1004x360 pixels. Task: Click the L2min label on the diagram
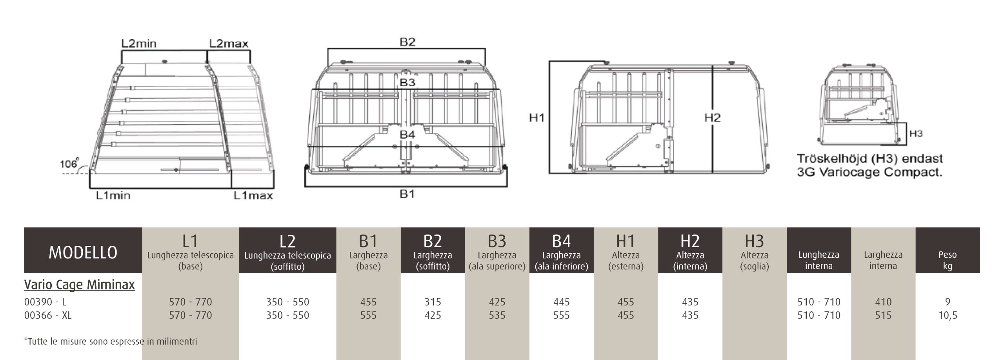coord(139,43)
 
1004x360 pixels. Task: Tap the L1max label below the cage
coord(253,195)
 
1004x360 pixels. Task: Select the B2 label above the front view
coord(407,42)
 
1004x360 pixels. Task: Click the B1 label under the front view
coord(407,194)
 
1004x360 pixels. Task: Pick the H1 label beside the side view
coord(537,117)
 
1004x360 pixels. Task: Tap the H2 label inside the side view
coord(712,117)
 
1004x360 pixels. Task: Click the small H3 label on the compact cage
coord(916,134)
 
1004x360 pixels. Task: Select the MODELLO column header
coord(83,253)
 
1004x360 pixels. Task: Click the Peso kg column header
coord(948,260)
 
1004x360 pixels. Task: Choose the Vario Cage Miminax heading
coord(79,285)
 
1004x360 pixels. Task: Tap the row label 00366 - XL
coord(48,315)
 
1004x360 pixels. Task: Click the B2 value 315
coord(433,302)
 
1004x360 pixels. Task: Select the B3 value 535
coord(497,315)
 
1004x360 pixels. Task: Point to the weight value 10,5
coord(948,316)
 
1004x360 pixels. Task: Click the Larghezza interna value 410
coord(883,302)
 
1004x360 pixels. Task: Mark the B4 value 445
coord(561,302)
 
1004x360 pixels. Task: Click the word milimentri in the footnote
coord(177,341)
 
